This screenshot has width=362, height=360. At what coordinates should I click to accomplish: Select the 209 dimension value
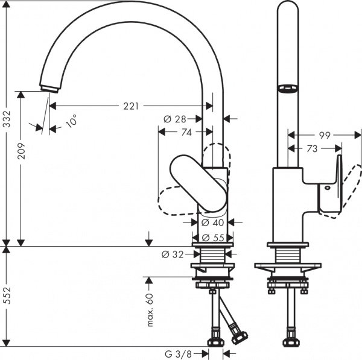click(21, 150)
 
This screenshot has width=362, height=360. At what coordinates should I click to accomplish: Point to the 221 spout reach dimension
click(131, 106)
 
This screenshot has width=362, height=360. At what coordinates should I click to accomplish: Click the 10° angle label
click(71, 121)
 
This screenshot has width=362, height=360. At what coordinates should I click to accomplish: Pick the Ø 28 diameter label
click(175, 119)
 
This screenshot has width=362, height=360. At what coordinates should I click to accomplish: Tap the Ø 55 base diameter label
click(214, 237)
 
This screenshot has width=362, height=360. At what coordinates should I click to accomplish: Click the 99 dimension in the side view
click(324, 136)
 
